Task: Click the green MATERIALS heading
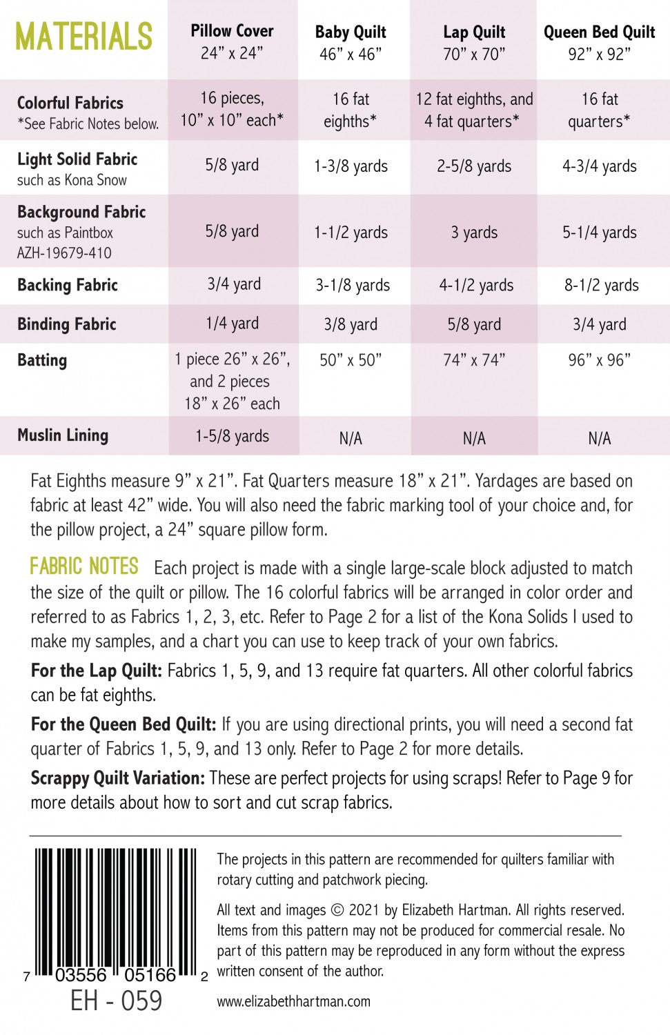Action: (83, 37)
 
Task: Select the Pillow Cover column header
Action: (232, 41)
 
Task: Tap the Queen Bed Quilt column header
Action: (599, 42)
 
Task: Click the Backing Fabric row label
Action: (68, 285)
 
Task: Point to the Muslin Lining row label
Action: (63, 435)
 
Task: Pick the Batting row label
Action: (42, 360)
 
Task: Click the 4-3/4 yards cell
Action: (599, 166)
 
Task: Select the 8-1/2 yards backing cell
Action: (601, 286)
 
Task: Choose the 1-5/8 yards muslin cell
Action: (232, 436)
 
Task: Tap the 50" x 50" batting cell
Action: (351, 360)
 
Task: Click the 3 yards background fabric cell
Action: (474, 233)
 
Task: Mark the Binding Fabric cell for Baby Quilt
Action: (351, 324)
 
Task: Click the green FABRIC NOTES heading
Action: (84, 566)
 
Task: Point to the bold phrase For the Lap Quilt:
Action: (96, 671)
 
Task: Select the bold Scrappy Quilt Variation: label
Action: (117, 778)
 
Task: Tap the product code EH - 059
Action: (116, 1001)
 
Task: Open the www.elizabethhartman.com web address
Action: (293, 1001)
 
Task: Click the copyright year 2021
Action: (364, 910)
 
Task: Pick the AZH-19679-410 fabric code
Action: (64, 253)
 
